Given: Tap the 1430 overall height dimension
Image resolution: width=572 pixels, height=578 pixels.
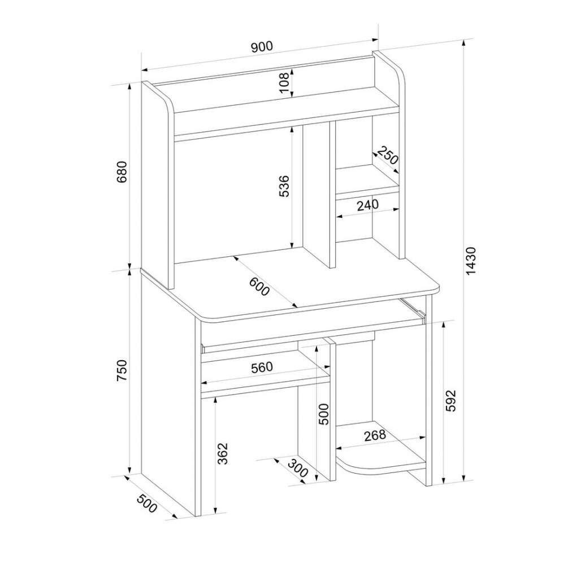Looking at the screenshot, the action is (471, 261).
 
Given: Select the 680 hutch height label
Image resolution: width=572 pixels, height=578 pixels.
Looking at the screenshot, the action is (122, 172).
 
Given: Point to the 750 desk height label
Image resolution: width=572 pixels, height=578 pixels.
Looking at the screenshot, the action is (122, 370).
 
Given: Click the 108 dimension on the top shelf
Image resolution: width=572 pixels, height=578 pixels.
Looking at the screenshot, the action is (284, 83).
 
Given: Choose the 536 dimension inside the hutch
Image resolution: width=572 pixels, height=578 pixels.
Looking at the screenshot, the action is (284, 186).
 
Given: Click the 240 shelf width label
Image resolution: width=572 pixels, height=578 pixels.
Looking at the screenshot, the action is (368, 205).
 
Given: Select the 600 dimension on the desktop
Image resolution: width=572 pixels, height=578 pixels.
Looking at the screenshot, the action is (259, 286).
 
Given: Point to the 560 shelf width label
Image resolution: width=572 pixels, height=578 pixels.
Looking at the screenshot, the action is (262, 367).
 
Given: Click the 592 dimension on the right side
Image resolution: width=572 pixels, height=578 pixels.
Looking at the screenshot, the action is (451, 400).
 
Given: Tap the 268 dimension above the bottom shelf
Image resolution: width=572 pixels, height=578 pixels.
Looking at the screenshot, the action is (375, 435).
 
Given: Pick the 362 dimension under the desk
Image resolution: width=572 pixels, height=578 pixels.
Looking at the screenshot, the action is (223, 453).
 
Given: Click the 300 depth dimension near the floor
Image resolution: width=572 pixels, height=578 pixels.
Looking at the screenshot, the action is (297, 467).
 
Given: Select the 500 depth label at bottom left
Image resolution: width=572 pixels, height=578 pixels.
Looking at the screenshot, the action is (147, 503).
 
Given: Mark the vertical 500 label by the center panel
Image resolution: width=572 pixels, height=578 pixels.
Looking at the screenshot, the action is (323, 414).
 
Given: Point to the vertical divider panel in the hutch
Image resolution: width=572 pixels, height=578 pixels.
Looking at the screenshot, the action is (317, 195).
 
